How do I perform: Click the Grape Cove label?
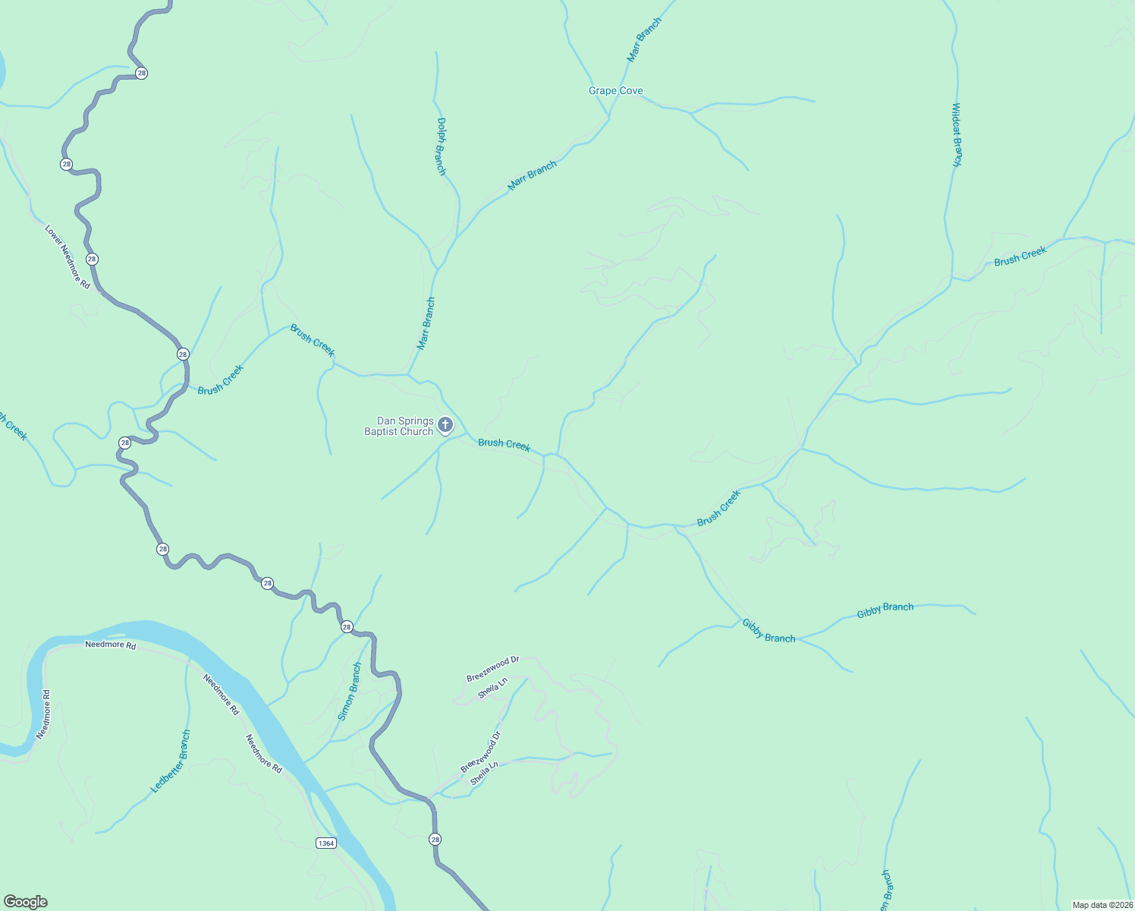pos(615,91)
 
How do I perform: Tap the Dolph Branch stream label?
pos(441,146)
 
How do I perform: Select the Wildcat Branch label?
pos(957,134)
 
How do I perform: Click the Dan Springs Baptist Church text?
pos(399,427)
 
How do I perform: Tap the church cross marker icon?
pos(445,424)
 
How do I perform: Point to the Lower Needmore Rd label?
pos(67,257)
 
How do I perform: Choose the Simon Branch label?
pos(350,692)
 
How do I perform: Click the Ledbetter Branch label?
pos(171,761)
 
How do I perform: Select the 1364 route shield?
pos(325,843)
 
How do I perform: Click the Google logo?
pos(25,902)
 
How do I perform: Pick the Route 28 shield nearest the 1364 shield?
pos(435,839)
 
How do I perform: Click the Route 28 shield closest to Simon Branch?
pos(347,626)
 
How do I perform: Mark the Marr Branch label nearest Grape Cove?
pos(644,39)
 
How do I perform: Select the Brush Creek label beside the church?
pos(504,444)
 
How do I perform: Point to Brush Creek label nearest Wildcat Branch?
pos(1020,256)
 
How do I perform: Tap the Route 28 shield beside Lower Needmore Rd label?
pos(92,259)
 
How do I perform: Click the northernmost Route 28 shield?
pos(141,73)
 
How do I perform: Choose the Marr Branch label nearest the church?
pos(426,323)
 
